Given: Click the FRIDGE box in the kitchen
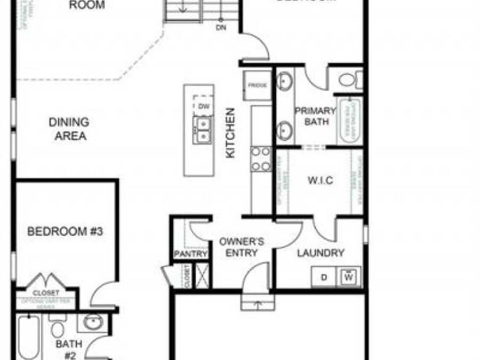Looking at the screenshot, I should (257, 85).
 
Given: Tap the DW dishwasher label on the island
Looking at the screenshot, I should (203, 106).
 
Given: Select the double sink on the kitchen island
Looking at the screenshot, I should (203, 130).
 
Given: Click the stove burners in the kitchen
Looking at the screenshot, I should (261, 159).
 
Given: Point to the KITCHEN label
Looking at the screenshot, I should (230, 133).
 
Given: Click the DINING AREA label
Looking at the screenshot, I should (68, 129).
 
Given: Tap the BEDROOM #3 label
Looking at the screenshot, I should (65, 231).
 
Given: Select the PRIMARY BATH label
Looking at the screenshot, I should (315, 117).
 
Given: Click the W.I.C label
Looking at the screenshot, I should (320, 180).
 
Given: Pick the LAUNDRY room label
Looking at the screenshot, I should (320, 253).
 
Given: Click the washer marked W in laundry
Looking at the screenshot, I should (349, 277).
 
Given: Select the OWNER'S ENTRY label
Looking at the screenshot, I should (242, 247).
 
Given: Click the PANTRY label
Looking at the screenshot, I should (190, 254).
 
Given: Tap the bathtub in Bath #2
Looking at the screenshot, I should (27, 337).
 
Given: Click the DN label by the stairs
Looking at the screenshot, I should (221, 28).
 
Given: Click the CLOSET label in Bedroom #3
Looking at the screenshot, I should (46, 293).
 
